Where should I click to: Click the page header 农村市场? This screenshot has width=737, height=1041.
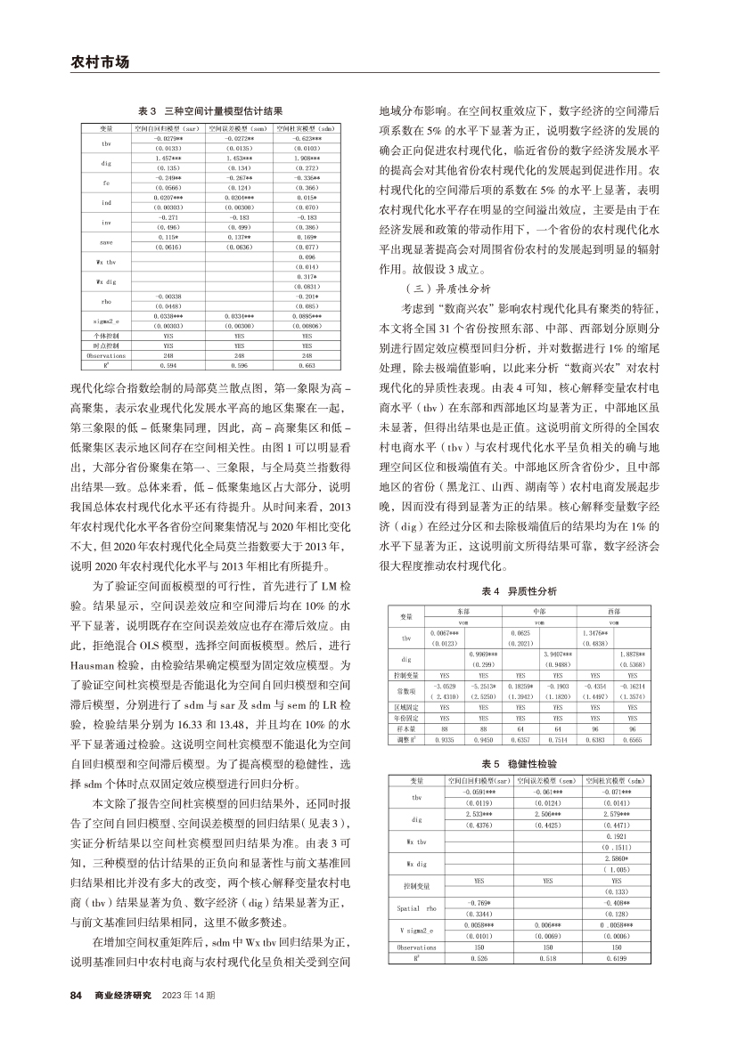(100, 62)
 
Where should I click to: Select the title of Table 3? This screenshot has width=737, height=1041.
(211, 111)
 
